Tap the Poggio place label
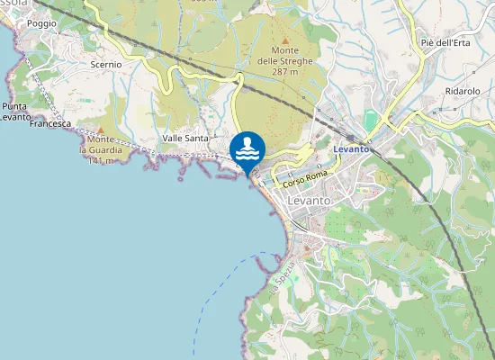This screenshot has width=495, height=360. pyautogui.click(x=41, y=23)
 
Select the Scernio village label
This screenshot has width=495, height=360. pyautogui.click(x=106, y=65)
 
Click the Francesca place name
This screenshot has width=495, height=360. pyautogui.click(x=49, y=123)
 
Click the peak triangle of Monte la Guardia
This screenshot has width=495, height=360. pyautogui.click(x=101, y=130)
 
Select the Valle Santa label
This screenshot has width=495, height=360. pyautogui.click(x=185, y=138)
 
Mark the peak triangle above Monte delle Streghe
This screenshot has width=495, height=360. pyautogui.click(x=285, y=40)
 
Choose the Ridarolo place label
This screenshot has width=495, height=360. pyautogui.click(x=463, y=92)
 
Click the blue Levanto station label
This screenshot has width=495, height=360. pyautogui.click(x=351, y=148)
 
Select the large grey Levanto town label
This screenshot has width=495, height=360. pyautogui.click(x=310, y=200)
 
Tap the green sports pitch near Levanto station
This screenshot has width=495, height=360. pyautogui.click(x=370, y=120)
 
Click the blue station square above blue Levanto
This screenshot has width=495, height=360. pyautogui.click(x=349, y=138)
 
